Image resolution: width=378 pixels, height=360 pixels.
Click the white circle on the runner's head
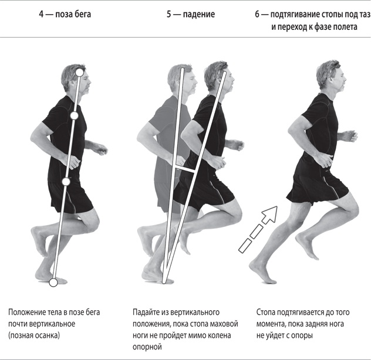(x=80, y=72)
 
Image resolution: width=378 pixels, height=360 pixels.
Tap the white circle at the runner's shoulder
(x=75, y=116)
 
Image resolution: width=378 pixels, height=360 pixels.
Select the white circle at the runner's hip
(x=66, y=182)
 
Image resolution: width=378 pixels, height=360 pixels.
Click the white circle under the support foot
(x=53, y=283)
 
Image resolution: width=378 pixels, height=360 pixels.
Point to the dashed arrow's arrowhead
(x=270, y=215)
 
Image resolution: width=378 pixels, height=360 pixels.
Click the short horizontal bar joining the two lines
(x=185, y=169)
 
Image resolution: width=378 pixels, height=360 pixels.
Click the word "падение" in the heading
(x=199, y=14)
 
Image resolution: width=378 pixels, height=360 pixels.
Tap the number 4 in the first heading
(x=42, y=14)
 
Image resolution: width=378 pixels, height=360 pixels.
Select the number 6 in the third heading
(x=257, y=15)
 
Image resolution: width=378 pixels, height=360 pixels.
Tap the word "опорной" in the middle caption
(x=147, y=347)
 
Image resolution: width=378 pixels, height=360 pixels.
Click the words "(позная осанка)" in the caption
(x=34, y=335)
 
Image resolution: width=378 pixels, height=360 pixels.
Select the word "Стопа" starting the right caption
(x=265, y=313)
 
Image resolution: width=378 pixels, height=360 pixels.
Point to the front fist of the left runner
(x=102, y=150)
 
